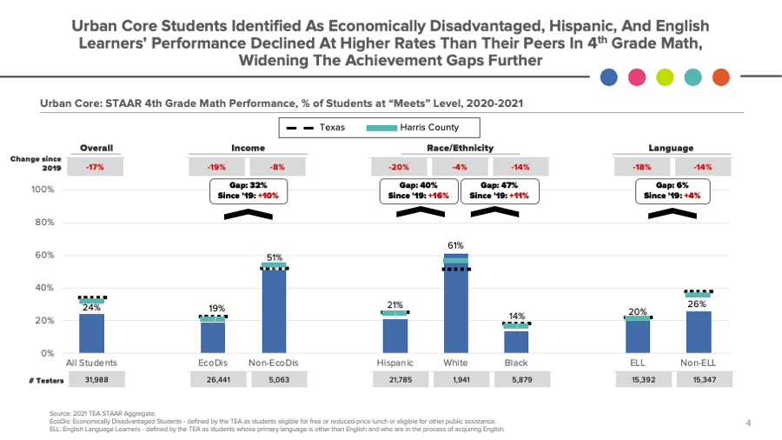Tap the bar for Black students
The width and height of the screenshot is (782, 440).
(x=516, y=341)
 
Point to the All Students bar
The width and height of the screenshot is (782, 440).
(x=92, y=333)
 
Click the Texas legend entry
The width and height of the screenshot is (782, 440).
(x=316, y=128)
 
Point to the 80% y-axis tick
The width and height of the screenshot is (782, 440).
(x=44, y=223)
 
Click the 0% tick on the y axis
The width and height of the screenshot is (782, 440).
(x=48, y=353)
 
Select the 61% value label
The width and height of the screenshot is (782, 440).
(x=455, y=246)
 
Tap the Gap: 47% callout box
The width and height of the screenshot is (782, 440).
(x=499, y=190)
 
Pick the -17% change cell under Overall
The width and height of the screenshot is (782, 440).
(x=96, y=166)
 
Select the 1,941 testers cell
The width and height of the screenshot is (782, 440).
(x=455, y=379)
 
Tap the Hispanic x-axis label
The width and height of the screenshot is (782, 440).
(x=395, y=363)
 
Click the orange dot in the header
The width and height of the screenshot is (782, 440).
(x=721, y=77)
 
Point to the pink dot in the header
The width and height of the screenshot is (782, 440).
(x=637, y=77)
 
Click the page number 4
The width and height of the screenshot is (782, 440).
(x=748, y=423)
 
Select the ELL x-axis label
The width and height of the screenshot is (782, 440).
(x=638, y=363)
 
